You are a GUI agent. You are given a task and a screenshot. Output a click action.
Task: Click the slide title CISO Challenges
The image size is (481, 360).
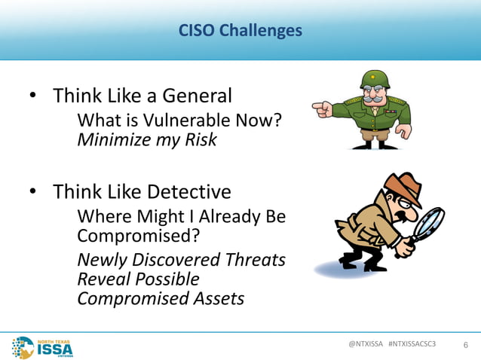(x=240, y=31)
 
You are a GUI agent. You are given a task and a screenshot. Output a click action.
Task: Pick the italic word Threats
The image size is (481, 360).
(x=254, y=260)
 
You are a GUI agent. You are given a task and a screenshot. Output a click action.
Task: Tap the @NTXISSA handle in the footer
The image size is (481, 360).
(x=365, y=343)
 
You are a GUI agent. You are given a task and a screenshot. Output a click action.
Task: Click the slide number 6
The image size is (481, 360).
(x=465, y=345)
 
